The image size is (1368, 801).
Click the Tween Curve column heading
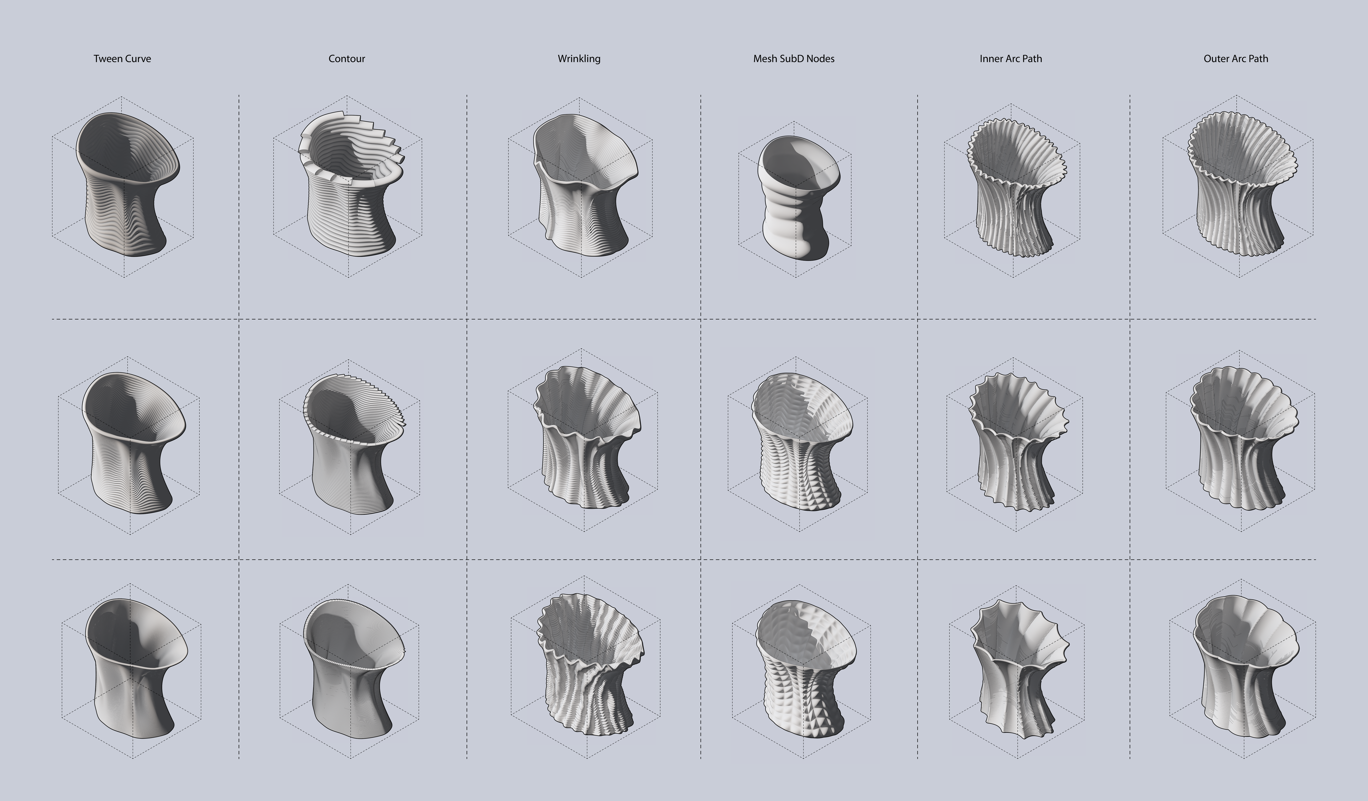point(122,59)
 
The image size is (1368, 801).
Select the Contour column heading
point(347,59)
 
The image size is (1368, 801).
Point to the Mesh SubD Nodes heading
point(794,59)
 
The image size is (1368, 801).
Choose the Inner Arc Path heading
point(1011,59)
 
